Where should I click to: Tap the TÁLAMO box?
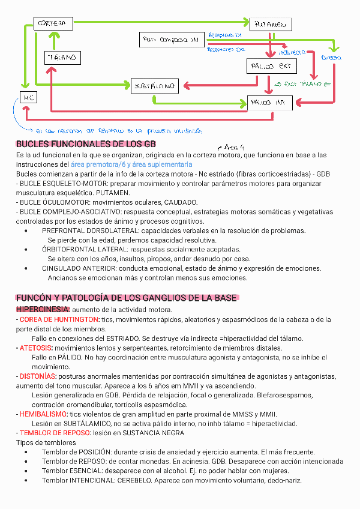pos(62,58)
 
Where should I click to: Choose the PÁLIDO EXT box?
pos(271,66)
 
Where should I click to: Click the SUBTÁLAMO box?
pos(155,86)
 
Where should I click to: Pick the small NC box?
pos(28,97)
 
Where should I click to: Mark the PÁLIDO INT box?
pos(269,103)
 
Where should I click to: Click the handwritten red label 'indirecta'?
pos(292,53)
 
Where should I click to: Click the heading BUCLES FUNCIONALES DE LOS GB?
pos(86,144)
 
